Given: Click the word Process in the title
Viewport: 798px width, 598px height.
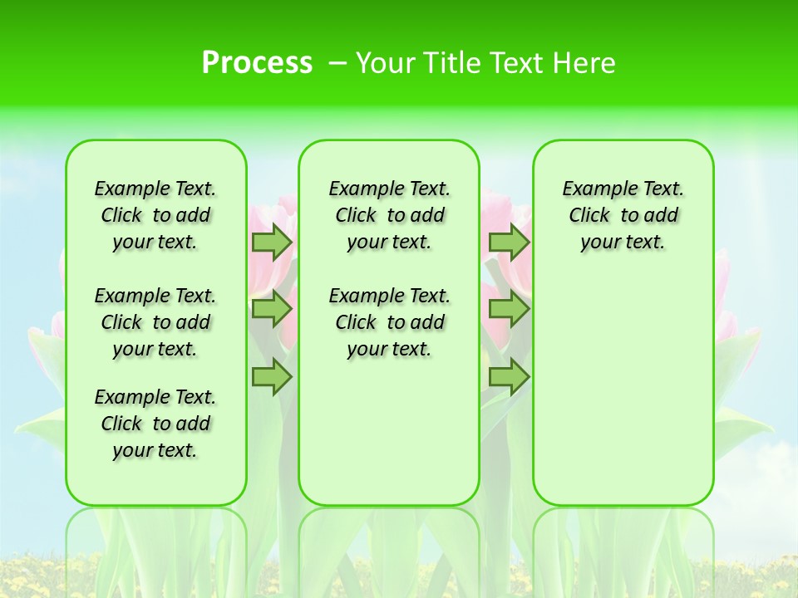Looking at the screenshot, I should [257, 63].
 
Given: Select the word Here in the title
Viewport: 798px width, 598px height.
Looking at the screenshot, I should [586, 63].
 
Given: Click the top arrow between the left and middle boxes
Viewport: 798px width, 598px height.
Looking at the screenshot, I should [272, 242].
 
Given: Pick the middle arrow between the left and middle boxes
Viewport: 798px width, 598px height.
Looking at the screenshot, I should [272, 309].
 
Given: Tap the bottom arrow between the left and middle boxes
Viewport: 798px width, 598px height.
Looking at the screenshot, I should [272, 377].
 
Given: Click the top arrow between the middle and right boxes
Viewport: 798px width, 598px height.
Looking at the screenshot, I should [509, 242].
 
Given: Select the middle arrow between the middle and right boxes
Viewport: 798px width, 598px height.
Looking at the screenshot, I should [509, 309].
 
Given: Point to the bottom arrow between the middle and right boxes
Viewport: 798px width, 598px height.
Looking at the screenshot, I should [509, 377].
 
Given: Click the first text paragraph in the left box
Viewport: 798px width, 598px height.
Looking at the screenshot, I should [155, 215].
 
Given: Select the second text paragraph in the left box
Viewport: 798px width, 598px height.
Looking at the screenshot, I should [155, 322].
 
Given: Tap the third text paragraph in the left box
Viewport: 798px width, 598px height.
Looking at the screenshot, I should [155, 424].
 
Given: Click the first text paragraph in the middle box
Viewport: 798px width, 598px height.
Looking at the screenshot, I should [389, 215].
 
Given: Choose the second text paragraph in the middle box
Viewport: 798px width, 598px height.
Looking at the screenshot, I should [389, 322].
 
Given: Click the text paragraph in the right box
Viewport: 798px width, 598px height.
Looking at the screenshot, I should [623, 215].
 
